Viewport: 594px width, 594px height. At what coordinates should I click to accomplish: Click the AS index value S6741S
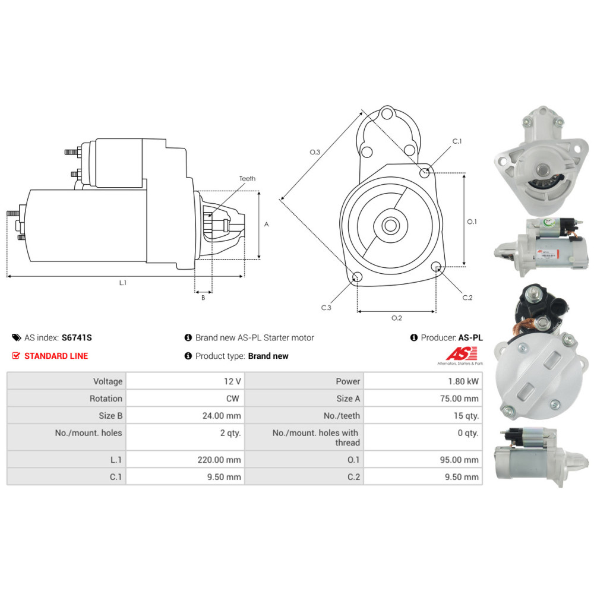pos(77,337)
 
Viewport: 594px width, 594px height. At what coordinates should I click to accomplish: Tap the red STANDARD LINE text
pos(56,356)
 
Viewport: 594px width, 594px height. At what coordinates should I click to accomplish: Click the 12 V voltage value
pos(232,381)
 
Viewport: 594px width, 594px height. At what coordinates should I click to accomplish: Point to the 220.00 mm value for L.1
pos(219,460)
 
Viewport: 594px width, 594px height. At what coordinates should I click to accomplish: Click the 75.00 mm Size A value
pos(459,399)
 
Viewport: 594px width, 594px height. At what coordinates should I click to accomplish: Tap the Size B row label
pos(110,416)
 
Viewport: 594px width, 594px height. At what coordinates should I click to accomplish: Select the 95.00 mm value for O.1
pos(459,460)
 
